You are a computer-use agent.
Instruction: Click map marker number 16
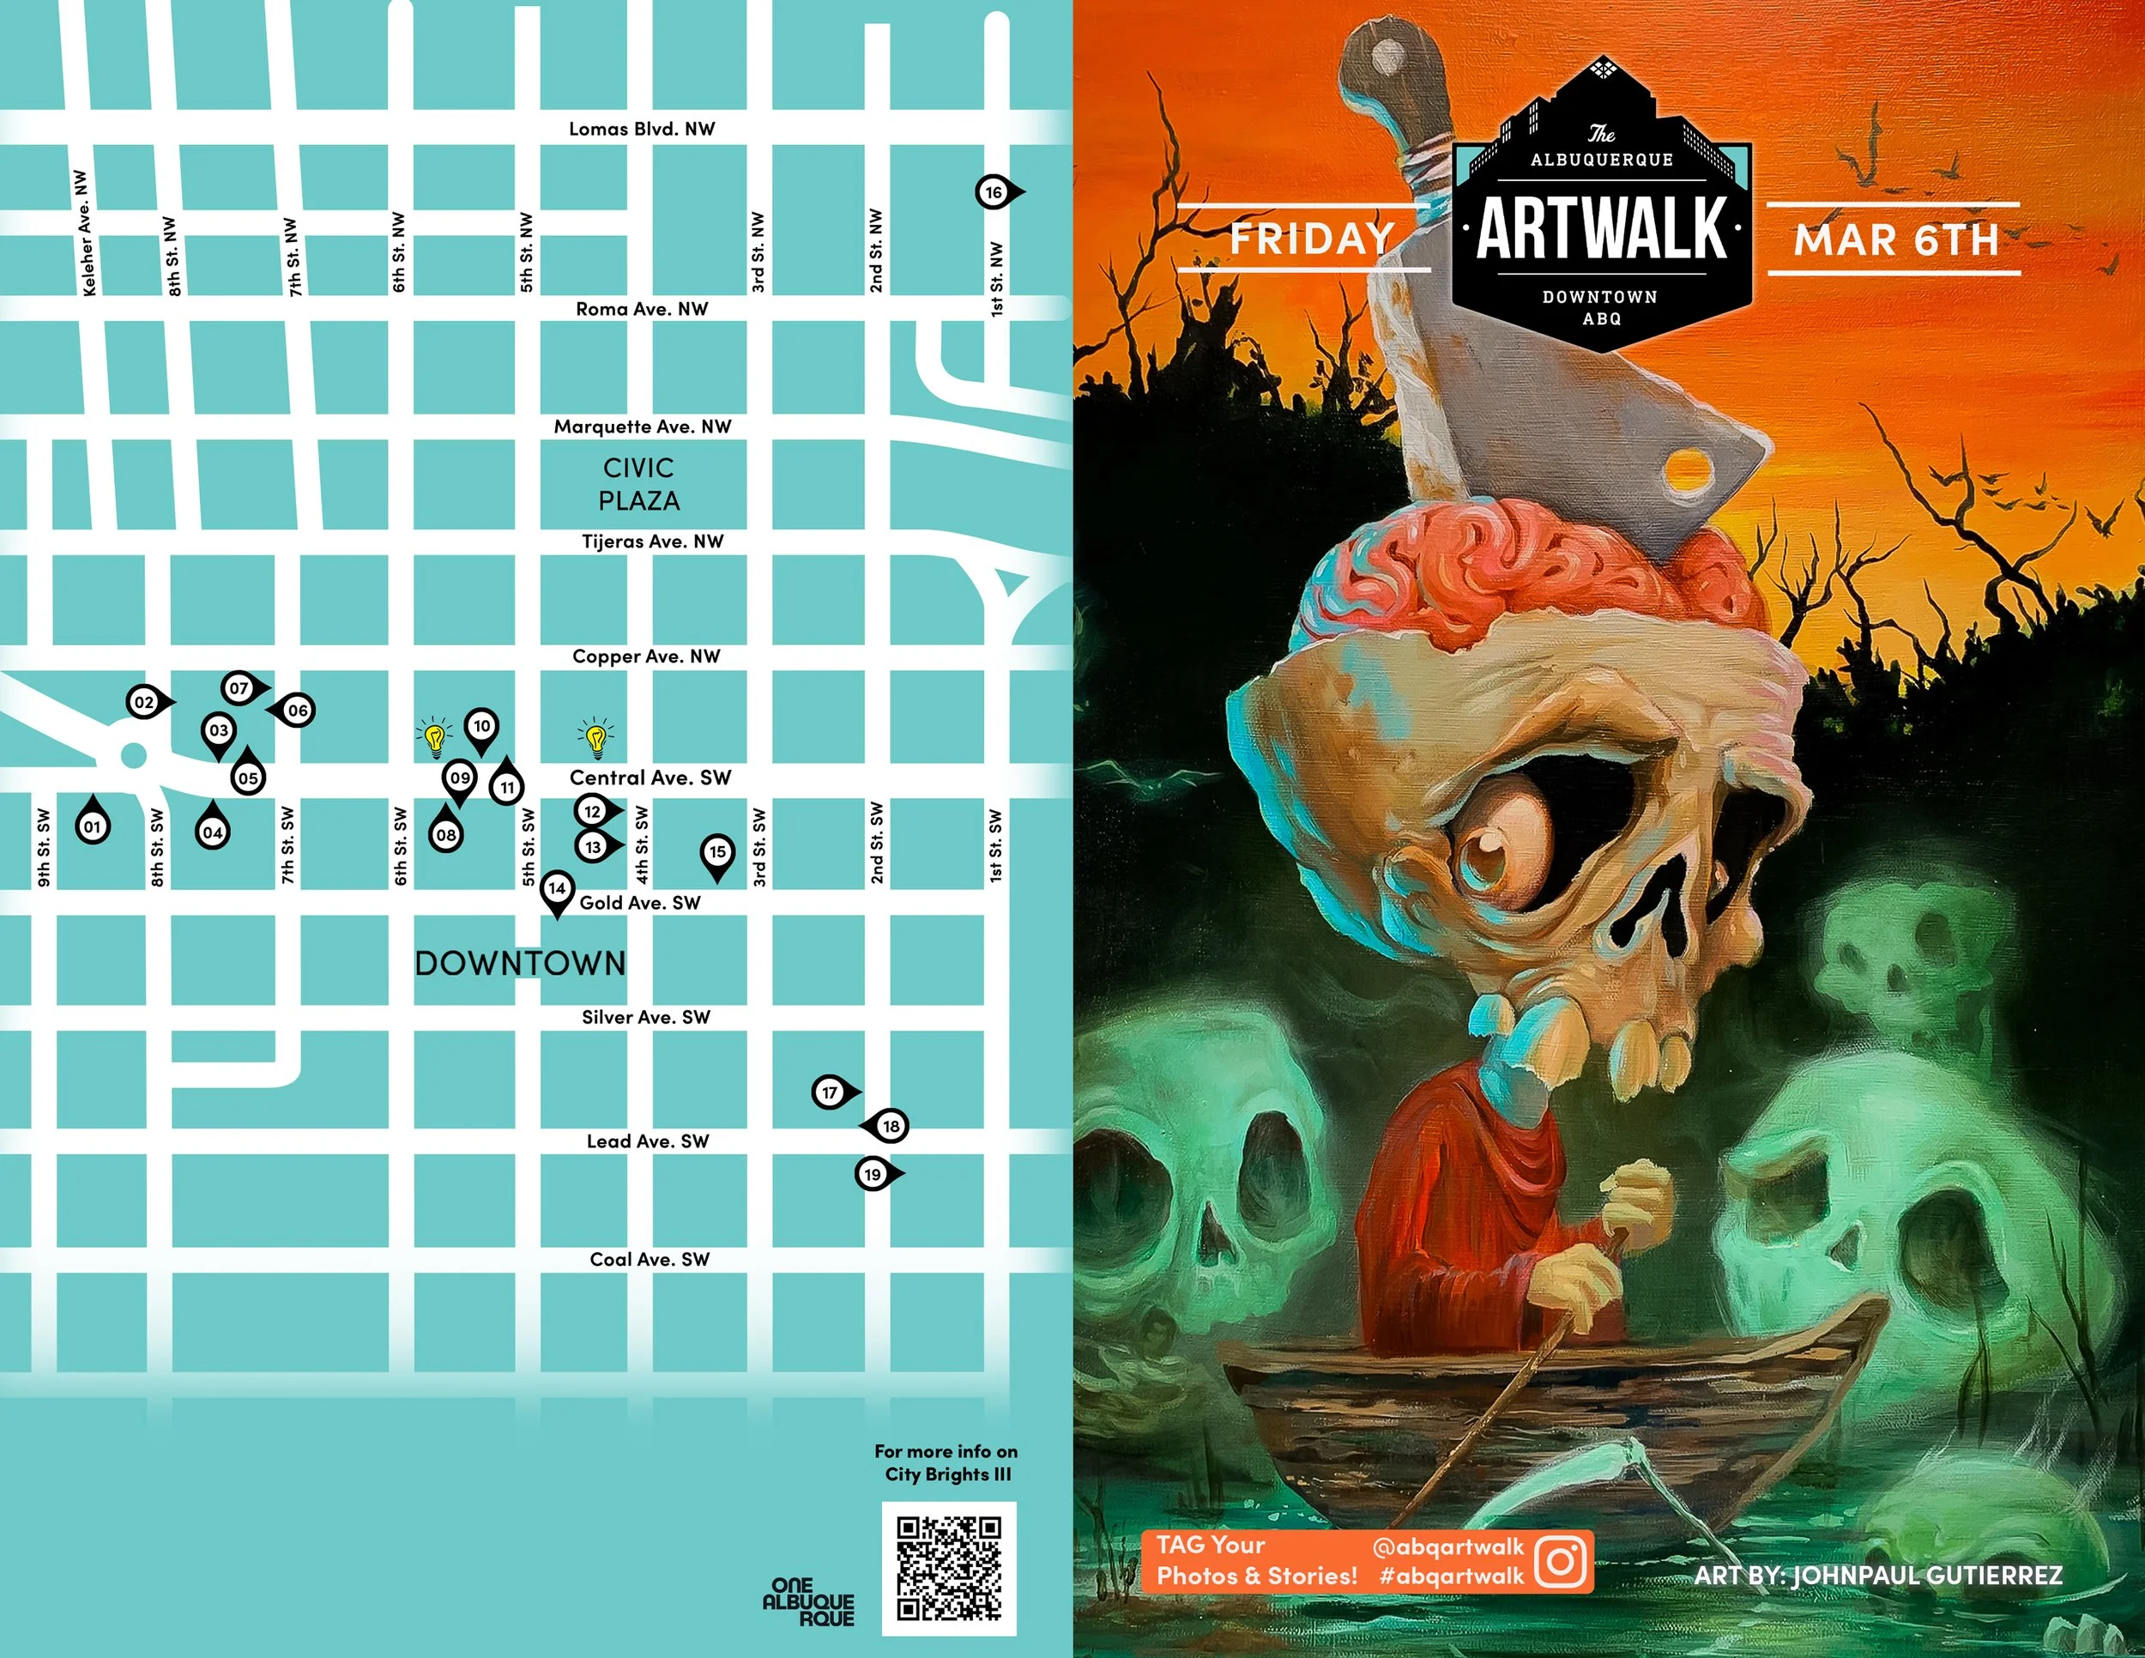pyautogui.click(x=994, y=192)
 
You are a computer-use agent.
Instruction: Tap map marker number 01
pyautogui.click(x=93, y=826)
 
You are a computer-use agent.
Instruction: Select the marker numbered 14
pyautogui.click(x=557, y=889)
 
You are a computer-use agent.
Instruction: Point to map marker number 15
pyautogui.click(x=717, y=851)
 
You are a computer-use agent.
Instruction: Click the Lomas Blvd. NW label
pyautogui.click(x=643, y=129)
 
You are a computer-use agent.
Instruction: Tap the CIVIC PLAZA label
pyautogui.click(x=638, y=484)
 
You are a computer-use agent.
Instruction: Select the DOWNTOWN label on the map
pyautogui.click(x=521, y=964)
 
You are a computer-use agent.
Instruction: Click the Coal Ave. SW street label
pyautogui.click(x=650, y=1259)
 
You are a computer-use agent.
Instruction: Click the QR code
pyautogui.click(x=948, y=1569)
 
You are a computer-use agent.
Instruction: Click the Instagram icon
pyautogui.click(x=1561, y=1561)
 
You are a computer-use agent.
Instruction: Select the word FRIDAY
pyautogui.click(x=1312, y=239)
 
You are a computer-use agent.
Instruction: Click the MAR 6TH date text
pyautogui.click(x=1896, y=239)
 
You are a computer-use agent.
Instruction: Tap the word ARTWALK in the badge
pyautogui.click(x=1602, y=229)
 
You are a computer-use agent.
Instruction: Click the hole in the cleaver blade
pyautogui.click(x=1688, y=474)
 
